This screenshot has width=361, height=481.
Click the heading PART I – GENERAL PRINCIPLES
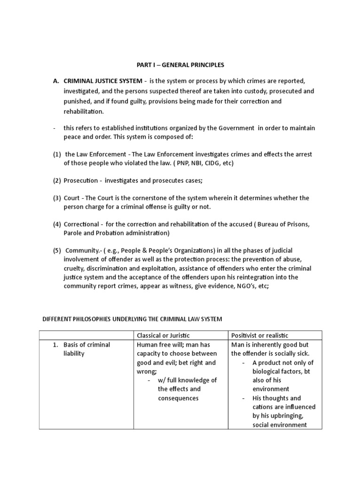(x=180, y=64)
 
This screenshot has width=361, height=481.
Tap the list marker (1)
(x=56, y=154)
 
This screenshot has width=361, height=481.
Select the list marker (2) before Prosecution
(x=56, y=180)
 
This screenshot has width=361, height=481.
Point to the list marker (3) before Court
(x=56, y=198)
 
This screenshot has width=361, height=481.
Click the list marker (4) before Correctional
(x=56, y=224)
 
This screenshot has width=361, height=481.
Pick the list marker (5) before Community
(x=56, y=250)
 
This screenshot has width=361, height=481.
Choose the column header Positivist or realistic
(x=260, y=335)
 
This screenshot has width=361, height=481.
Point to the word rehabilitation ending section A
(x=84, y=112)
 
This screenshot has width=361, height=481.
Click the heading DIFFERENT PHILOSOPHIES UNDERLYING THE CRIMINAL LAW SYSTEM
(x=132, y=319)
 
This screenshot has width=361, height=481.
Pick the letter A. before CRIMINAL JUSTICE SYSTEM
(x=56, y=81)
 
